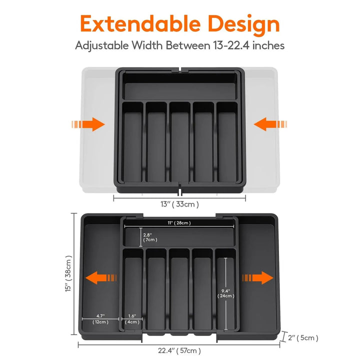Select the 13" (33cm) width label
point(179,204)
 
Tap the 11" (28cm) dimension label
point(179,223)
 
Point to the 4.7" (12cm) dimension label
point(100,319)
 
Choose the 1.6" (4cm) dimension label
point(132,319)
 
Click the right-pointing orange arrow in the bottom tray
point(257,278)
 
